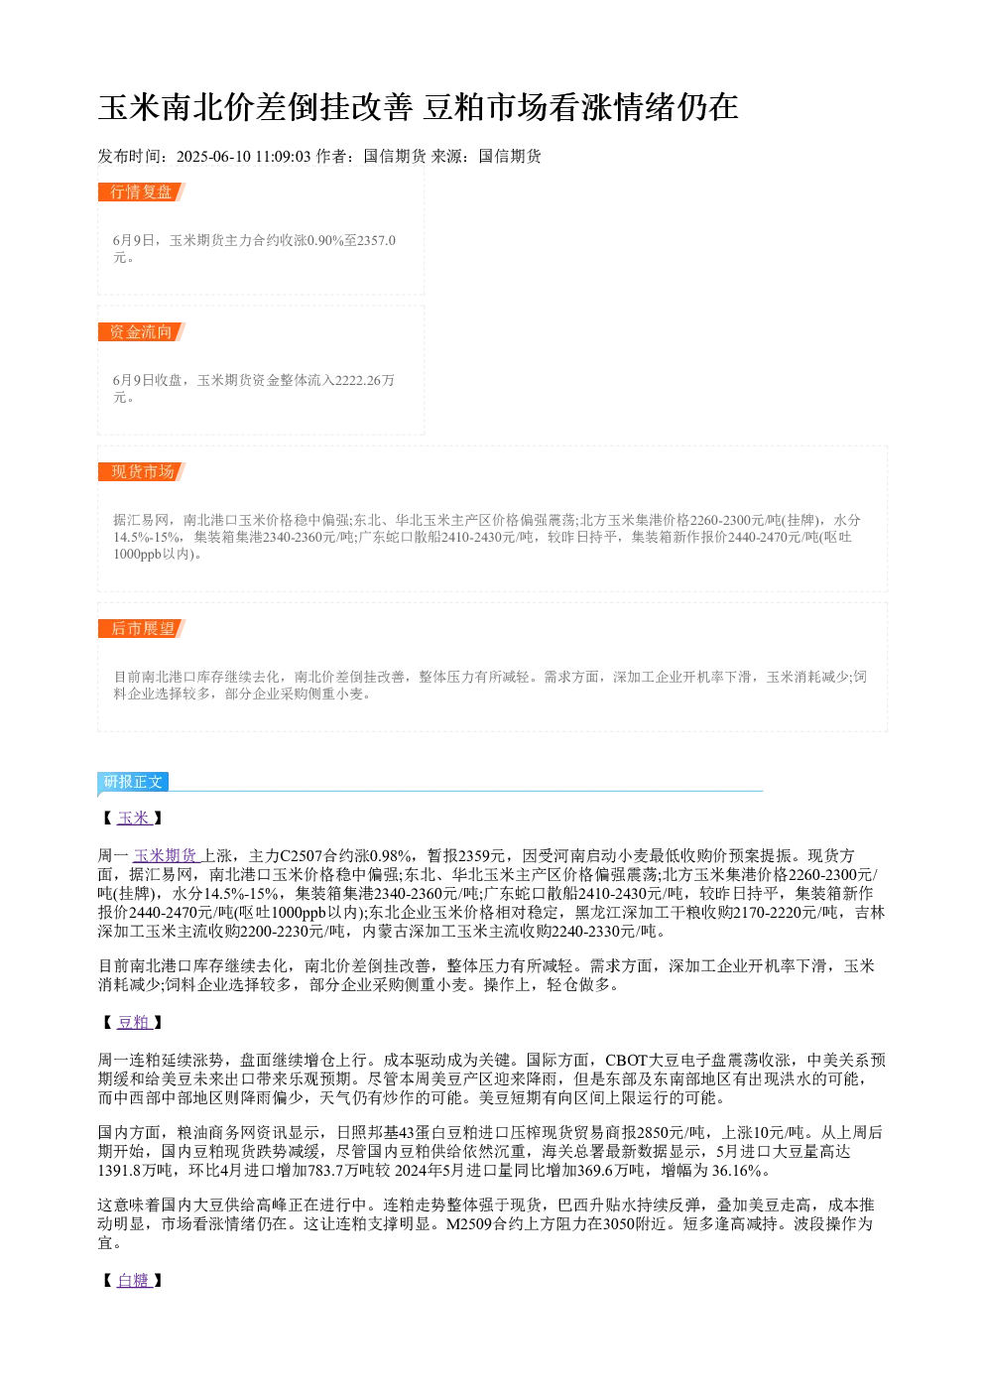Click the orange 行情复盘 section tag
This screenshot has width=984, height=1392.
[x=142, y=192]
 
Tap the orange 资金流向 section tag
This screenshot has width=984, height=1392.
[x=142, y=331]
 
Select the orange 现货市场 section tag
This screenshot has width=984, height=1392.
[x=142, y=471]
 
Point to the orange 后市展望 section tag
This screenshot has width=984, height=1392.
[x=142, y=628]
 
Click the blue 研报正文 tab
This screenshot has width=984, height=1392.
[x=133, y=782]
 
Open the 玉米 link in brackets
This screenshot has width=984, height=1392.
[x=134, y=818]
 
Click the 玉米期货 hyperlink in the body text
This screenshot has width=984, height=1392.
[x=167, y=855]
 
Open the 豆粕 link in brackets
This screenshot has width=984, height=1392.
[x=134, y=1022]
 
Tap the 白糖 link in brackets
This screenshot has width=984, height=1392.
[x=134, y=1280]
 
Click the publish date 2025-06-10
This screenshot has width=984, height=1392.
[x=213, y=157]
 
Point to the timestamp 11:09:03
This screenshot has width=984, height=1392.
[x=283, y=157]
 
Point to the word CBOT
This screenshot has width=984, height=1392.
[x=626, y=1061]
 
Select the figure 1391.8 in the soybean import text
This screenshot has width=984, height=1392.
[x=119, y=1171]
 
